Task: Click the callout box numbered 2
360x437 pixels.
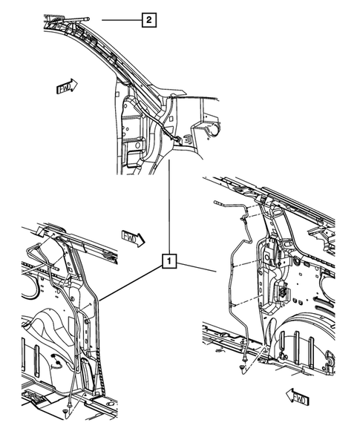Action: click(x=149, y=20)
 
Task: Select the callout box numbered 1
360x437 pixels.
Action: click(x=171, y=260)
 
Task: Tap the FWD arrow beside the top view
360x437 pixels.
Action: click(x=67, y=87)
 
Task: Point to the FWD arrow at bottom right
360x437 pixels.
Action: click(x=298, y=398)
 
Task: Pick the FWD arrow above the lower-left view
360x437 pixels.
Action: click(x=131, y=237)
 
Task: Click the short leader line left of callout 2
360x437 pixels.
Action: click(x=119, y=20)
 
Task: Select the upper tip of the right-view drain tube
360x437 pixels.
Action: click(x=217, y=202)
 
